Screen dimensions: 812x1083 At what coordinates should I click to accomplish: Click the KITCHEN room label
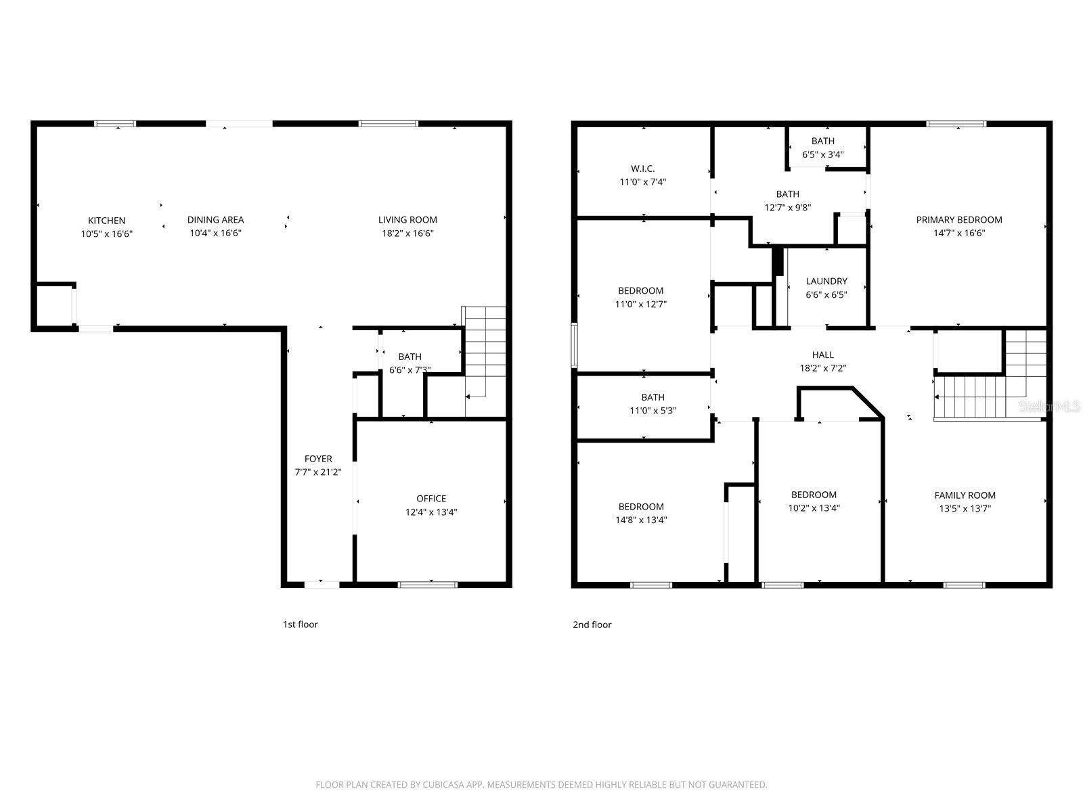pos(106,221)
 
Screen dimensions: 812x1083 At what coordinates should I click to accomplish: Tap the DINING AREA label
pos(215,220)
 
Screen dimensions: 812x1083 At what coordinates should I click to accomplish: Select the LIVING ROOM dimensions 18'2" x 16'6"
pos(407,233)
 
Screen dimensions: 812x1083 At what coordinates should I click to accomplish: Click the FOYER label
pos(317,459)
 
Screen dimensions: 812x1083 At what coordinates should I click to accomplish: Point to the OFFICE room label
pos(431,499)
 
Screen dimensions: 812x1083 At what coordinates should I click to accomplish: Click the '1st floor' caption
pos(300,625)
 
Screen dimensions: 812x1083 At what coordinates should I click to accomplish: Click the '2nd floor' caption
pos(592,625)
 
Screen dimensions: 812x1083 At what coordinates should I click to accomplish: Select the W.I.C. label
pos(642,168)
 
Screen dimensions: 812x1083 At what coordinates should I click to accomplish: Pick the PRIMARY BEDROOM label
pos(958,220)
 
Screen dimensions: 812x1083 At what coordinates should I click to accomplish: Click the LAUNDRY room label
pos(826,281)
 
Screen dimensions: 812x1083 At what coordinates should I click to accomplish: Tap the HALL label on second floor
pos(822,355)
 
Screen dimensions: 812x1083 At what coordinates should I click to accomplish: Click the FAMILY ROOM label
pos(965,495)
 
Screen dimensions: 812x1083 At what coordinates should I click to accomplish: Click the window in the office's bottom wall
pos(427,584)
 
